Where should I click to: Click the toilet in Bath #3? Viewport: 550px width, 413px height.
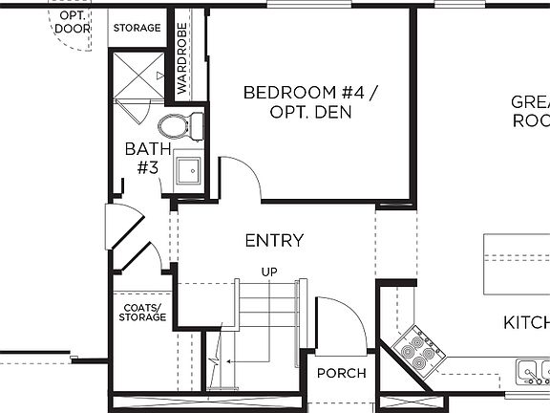click(180, 125)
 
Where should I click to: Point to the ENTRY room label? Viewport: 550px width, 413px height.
click(274, 241)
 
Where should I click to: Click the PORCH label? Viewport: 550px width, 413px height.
click(341, 373)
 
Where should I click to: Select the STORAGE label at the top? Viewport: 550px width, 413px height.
click(137, 28)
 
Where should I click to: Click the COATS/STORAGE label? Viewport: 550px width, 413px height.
click(141, 313)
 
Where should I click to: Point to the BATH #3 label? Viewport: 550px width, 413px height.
click(148, 158)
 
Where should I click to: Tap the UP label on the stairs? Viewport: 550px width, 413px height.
click(269, 272)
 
